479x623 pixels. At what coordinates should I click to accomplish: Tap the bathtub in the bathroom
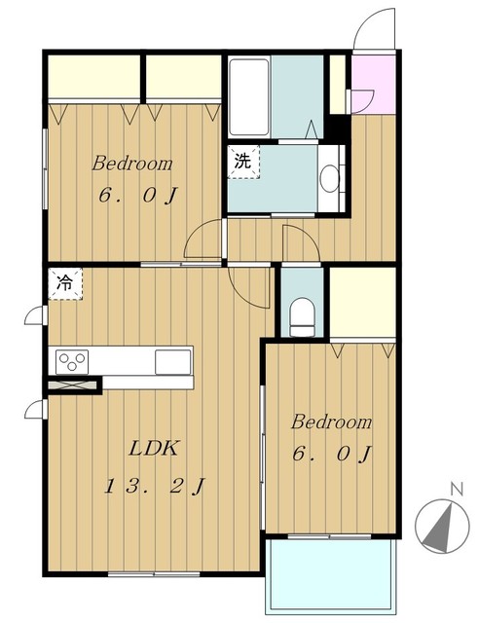point(249,97)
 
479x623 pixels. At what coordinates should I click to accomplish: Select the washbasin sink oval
point(329,178)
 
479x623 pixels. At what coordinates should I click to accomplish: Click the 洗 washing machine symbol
point(242,162)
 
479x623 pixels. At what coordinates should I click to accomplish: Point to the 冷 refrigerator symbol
point(65,283)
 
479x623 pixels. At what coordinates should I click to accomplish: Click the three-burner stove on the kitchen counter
point(72,361)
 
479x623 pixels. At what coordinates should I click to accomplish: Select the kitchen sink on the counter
point(173,361)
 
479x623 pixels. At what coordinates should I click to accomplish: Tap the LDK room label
point(153,448)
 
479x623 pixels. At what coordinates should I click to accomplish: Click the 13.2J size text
point(155,487)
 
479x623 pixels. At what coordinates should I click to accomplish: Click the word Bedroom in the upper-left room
point(132,164)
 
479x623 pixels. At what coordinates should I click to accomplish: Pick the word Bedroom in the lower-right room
point(332,421)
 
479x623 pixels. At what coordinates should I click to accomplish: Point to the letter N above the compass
point(458,489)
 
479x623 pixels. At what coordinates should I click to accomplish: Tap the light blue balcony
point(331,575)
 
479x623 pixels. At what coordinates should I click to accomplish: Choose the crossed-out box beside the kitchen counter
point(72,385)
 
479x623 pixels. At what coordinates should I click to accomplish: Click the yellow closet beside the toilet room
point(362,303)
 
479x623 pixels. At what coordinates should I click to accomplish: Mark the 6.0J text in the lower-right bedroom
point(332,454)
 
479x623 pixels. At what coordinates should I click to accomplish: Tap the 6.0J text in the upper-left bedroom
point(137,196)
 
